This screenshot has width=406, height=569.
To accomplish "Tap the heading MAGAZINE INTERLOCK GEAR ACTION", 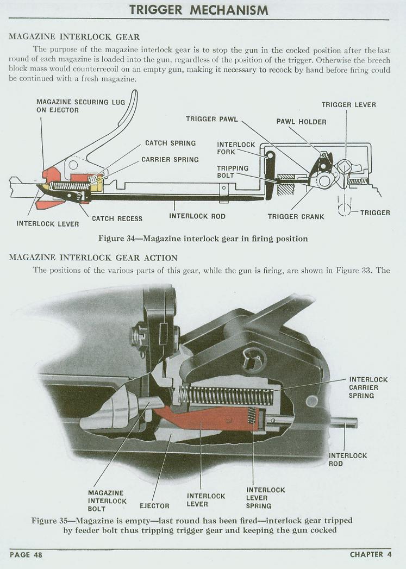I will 93,257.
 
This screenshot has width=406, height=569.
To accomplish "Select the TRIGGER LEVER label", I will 348,105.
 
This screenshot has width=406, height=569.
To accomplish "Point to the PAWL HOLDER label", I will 301,122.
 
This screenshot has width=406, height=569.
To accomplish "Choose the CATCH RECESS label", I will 117,218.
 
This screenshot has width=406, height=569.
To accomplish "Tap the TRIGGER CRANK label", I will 296,216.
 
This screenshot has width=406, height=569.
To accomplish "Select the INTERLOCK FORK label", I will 236,148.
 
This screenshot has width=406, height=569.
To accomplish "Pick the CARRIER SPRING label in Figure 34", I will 170,160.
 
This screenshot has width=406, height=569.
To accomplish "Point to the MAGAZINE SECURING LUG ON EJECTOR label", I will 80,106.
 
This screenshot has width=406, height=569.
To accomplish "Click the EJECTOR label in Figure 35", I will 154,506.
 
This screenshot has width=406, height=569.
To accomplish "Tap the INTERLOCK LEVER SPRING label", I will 265,498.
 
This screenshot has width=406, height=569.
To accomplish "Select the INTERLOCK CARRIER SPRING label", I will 368,387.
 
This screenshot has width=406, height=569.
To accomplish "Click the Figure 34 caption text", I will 203,239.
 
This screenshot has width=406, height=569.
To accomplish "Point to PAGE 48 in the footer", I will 26,554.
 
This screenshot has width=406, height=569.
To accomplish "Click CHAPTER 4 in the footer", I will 371,554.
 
